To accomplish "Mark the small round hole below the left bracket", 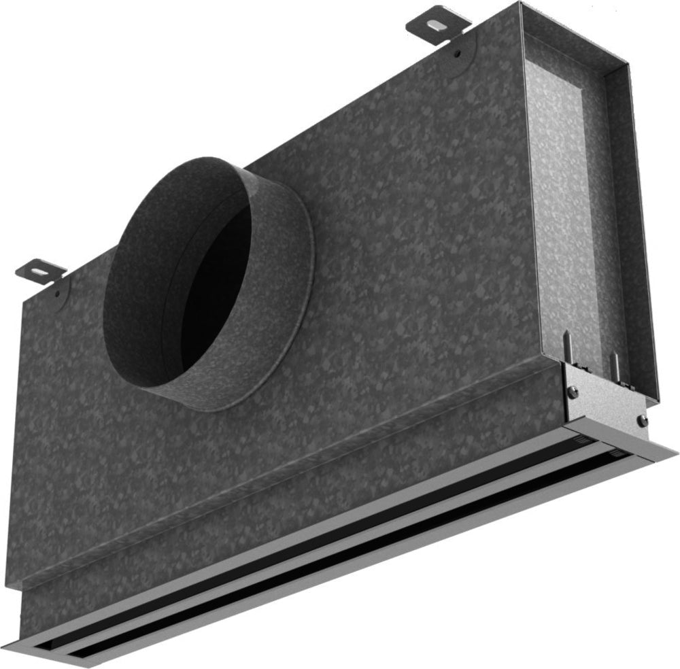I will (59, 294).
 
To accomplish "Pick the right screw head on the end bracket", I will (641, 420).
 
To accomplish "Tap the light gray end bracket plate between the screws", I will (605, 401).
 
